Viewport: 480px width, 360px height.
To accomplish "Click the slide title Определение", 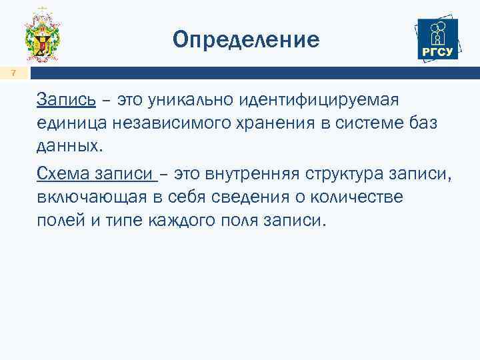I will point(246,40).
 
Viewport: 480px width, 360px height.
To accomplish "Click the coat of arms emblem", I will point(42,37).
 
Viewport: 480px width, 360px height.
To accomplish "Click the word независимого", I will point(165,123).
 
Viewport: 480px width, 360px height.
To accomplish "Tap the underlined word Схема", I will point(64,174).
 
